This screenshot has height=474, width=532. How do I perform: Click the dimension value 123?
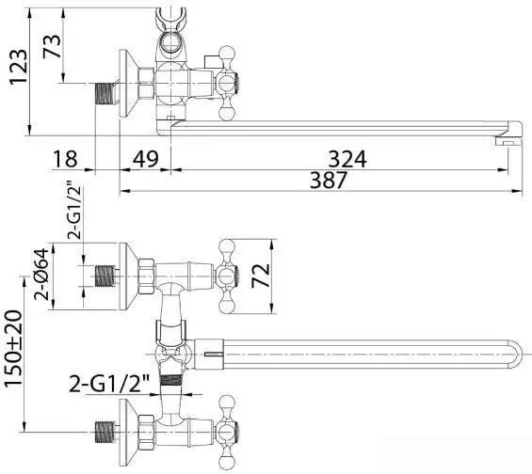pyautogui.click(x=18, y=67)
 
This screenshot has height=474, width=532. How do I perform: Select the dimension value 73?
pyautogui.click(x=52, y=46)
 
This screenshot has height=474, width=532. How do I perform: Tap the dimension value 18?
pyautogui.click(x=65, y=159)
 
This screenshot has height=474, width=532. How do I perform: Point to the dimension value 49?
pyautogui.click(x=146, y=159)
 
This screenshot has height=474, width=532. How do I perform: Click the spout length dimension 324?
pyautogui.click(x=347, y=159)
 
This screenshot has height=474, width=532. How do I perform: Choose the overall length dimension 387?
pyautogui.click(x=329, y=181)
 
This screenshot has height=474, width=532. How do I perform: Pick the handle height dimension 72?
pyautogui.click(x=261, y=276)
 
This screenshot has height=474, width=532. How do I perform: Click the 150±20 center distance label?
pyautogui.click(x=13, y=348)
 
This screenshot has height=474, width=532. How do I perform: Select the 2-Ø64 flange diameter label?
pyautogui.click(x=42, y=274)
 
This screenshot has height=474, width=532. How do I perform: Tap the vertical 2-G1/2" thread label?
pyautogui.click(x=74, y=213)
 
